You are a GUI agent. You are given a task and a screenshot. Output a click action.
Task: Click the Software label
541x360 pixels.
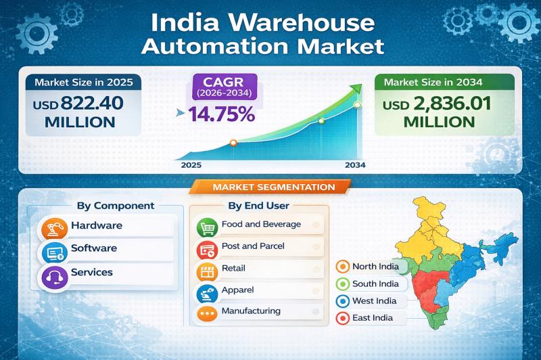coord(93,248)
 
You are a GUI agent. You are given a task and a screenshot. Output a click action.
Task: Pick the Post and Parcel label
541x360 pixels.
coord(252,246)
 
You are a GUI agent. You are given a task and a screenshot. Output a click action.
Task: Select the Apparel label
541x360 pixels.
coord(237,289)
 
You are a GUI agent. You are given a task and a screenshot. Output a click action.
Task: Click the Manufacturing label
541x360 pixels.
coord(250,311)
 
